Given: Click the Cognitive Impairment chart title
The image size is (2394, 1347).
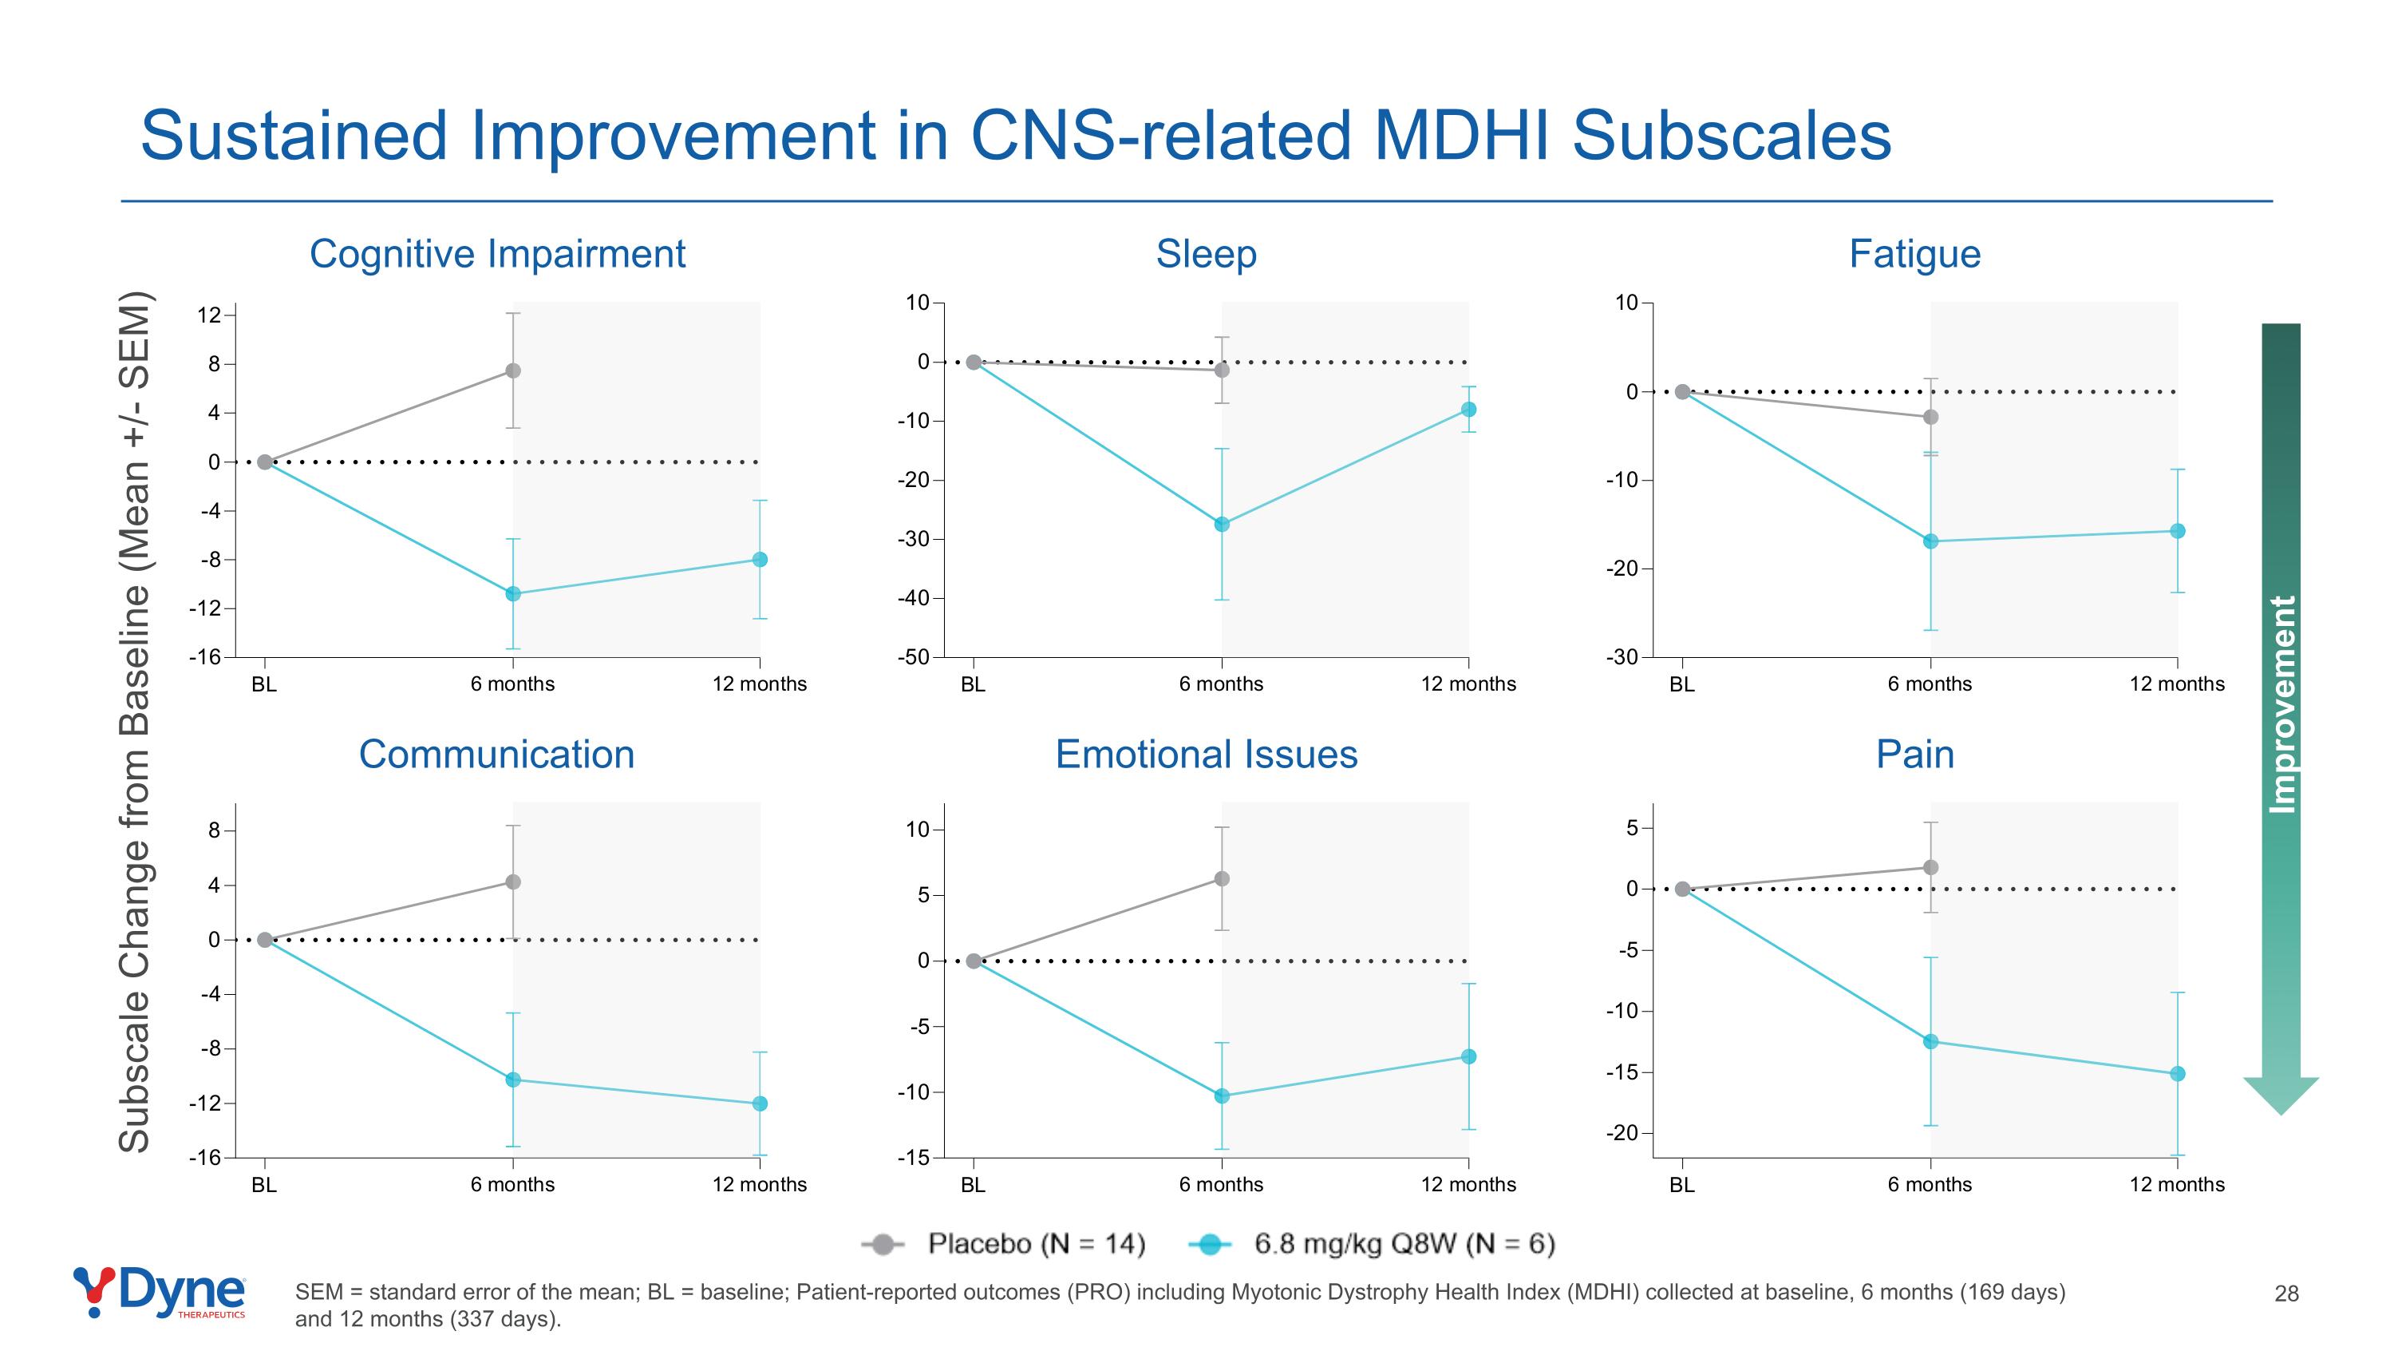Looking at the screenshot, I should pyautogui.click(x=497, y=254).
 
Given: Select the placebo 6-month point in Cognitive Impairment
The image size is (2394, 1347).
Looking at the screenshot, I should pyautogui.click(x=513, y=371).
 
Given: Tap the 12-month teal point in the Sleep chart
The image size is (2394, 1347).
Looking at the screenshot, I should pyautogui.click(x=1468, y=410).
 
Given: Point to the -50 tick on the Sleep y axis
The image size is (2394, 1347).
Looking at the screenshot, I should pyautogui.click(x=914, y=657).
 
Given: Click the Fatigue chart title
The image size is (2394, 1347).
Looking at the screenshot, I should pyautogui.click(x=1914, y=254).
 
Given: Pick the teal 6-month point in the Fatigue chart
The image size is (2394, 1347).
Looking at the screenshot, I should pyautogui.click(x=1930, y=541).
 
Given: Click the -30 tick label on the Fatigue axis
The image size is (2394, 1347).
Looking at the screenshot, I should pyautogui.click(x=1622, y=657).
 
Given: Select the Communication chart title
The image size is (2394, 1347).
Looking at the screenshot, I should pyautogui.click(x=496, y=754).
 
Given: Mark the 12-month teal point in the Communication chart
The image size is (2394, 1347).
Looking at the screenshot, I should pyautogui.click(x=760, y=1103).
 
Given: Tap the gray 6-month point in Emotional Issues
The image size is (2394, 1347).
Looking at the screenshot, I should pyautogui.click(x=1222, y=878).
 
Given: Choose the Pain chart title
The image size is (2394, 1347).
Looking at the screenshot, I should pyautogui.click(x=1914, y=754).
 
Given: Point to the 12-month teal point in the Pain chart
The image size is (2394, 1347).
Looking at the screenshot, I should pyautogui.click(x=2178, y=1074).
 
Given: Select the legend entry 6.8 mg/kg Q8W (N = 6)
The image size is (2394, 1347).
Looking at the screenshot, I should pyautogui.click(x=1404, y=1244).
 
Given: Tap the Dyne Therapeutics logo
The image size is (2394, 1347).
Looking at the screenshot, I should pyautogui.click(x=160, y=1291).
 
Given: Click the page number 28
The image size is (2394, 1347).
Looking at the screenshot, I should pyautogui.click(x=2286, y=1293).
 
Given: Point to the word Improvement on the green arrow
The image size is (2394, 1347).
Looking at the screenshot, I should pyautogui.click(x=2282, y=705).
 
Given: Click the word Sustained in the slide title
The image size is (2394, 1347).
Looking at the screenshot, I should pyautogui.click(x=294, y=136).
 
